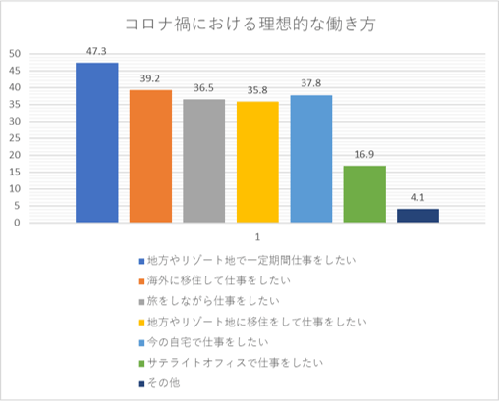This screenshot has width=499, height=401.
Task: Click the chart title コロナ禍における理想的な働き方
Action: [x=249, y=24]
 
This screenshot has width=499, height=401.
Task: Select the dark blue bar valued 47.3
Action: [x=97, y=142]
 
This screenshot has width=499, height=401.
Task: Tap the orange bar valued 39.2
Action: [x=150, y=156]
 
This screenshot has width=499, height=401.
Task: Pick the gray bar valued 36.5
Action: [x=203, y=161]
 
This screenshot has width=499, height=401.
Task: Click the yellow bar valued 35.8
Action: [x=257, y=162]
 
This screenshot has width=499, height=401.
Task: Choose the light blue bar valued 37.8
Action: [x=310, y=158]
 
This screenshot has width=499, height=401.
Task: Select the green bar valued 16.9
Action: [x=364, y=194]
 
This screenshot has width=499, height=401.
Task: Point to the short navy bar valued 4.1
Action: [x=417, y=216]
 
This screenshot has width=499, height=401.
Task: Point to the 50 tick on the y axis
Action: [x=15, y=54]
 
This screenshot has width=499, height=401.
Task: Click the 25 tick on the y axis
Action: [x=15, y=138]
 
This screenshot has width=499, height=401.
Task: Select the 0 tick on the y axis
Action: [x=18, y=223]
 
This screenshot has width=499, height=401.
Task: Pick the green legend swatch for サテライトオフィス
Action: [x=140, y=364]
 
